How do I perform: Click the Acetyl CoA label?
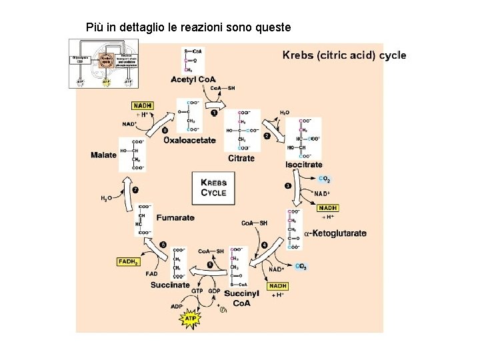point(193,80)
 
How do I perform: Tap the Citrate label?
point(241,158)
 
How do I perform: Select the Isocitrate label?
point(304,164)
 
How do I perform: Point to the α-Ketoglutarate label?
point(335,233)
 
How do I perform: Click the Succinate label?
point(170,285)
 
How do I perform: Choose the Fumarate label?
point(175,218)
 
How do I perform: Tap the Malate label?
point(103,155)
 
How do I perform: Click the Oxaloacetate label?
point(190,140)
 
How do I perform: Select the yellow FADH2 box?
point(129,262)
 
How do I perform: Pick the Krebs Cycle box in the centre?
point(214,187)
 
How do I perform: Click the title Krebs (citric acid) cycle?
point(344,55)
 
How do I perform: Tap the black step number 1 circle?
point(214,113)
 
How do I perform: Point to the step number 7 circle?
point(135,190)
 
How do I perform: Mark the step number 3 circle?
point(288,185)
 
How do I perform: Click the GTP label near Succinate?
point(197,291)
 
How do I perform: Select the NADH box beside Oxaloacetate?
point(143,105)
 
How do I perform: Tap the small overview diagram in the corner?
point(105,63)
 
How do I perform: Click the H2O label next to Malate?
point(106,198)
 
